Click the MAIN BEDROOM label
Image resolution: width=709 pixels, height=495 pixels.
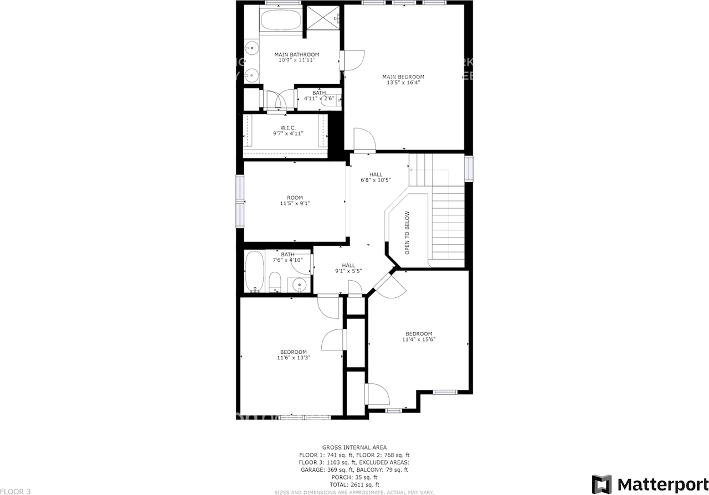coord(403,76)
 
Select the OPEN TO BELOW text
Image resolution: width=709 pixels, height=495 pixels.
coord(407,233)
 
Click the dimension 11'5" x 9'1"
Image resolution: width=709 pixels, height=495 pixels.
coord(295,203)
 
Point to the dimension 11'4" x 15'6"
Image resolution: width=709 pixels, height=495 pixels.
coord(419,339)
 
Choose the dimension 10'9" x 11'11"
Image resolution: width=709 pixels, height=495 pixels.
coord(296,60)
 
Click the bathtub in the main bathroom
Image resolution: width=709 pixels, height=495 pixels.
coord(280,22)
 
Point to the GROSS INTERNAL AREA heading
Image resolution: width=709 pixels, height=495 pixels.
coord(354,447)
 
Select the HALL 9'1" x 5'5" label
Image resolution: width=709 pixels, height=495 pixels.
coord(348,268)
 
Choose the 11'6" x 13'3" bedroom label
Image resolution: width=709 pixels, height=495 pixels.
coord(293,354)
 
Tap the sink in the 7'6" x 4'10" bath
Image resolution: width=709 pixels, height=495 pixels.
coord(299,285)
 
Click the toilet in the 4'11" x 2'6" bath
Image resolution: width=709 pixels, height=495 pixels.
coord(330,100)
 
